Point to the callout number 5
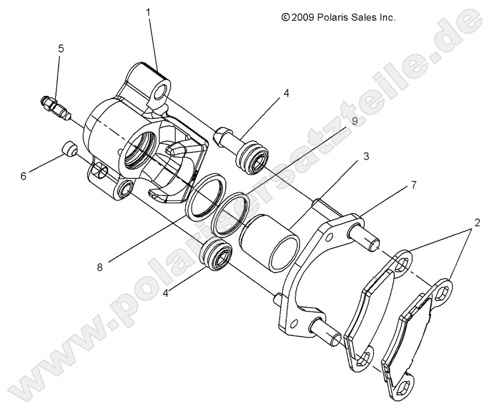coord(61,49)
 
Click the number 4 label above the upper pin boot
coord(286,94)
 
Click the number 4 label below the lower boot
coord(165,293)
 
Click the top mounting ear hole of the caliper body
coord(160,94)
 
